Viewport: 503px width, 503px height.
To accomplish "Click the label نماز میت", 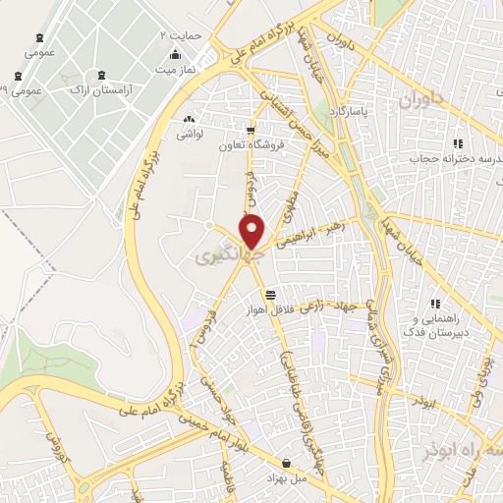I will pos(178,70).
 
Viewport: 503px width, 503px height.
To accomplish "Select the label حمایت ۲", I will pos(181,35).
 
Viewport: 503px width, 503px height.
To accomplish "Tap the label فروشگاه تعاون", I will pos(251,144).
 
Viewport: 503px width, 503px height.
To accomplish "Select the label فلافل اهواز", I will pos(270,310).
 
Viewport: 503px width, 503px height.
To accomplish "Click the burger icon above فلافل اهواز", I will pos(270,295).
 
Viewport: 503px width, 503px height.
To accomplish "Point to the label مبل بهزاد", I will pos(286,476).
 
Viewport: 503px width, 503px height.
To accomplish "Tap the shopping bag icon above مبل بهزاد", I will pos(286,462).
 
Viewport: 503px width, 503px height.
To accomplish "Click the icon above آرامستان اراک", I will pos(102,75).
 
